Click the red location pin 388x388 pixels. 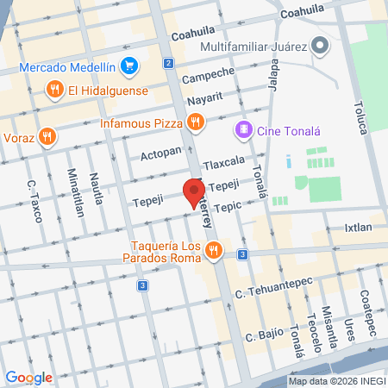pyautogui.click(x=194, y=191)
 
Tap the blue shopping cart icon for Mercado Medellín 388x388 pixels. pyautogui.click(x=130, y=65)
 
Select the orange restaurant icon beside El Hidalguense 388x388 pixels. pyautogui.click(x=55, y=88)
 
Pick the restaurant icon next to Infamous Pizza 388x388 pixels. pyautogui.click(x=197, y=123)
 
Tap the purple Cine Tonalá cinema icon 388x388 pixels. pyautogui.click(x=244, y=130)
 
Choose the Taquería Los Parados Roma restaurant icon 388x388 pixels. pyautogui.click(x=214, y=252)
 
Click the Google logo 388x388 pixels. pyautogui.click(x=28, y=377)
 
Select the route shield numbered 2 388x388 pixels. pyautogui.click(x=168, y=64)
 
